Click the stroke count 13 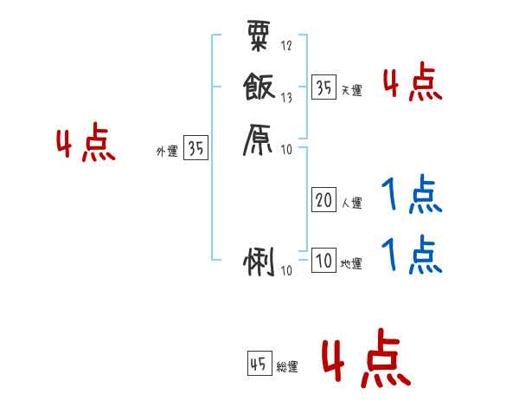click(286, 98)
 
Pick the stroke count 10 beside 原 click(287, 150)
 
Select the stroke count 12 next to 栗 click(286, 45)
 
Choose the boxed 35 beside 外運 click(195, 149)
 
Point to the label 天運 click(352, 90)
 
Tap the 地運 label click(352, 264)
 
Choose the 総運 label click(287, 367)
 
